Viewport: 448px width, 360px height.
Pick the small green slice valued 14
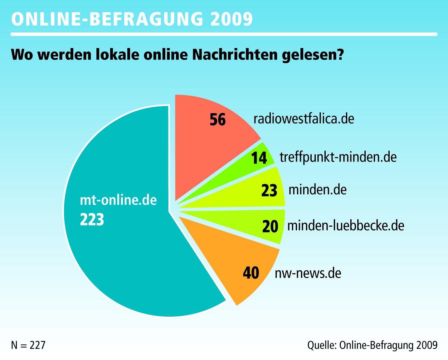pos(246,167)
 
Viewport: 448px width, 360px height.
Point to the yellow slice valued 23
pos(250,192)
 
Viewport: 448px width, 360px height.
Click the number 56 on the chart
pos(217,119)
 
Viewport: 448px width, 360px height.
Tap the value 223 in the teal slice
pos(92,219)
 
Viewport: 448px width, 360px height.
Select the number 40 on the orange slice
pos(251,273)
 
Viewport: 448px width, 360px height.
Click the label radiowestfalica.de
pos(304,119)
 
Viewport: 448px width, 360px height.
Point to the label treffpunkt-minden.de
pos(338,157)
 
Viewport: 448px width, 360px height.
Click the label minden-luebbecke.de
pos(346,226)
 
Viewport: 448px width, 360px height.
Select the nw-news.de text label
pos(308,273)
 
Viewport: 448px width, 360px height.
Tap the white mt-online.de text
pos(118,200)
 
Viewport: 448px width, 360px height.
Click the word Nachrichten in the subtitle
pos(235,55)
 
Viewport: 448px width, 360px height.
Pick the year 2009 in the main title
pos(231,19)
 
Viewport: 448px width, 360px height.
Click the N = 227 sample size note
pos(28,345)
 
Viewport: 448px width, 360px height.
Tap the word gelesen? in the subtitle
pos(313,55)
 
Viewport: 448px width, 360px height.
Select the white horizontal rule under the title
pos(224,34)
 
